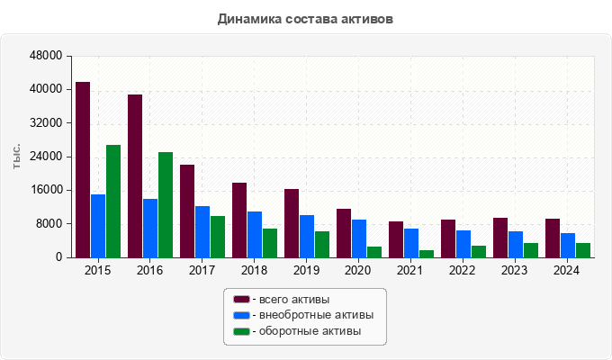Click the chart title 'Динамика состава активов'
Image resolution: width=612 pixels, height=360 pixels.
point(305,18)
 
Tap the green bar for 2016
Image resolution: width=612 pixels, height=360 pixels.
point(166,204)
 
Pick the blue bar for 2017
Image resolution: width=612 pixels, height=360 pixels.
point(202,231)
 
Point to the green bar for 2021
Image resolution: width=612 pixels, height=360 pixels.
point(427,253)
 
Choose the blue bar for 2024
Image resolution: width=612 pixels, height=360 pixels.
point(568,245)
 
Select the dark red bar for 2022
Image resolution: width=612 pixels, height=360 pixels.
point(448,238)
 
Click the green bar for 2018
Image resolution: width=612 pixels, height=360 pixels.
point(270,243)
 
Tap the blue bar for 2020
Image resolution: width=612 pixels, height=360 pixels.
point(359,238)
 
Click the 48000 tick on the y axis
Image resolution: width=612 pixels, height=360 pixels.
point(46,56)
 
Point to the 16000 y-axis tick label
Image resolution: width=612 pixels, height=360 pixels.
point(46,190)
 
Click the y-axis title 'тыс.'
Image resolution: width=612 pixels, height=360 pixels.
point(17,157)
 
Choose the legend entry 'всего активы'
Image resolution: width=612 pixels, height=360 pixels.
point(292,299)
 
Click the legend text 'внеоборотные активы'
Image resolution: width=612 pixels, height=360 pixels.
point(314,315)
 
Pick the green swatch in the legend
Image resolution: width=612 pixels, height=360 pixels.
point(241,332)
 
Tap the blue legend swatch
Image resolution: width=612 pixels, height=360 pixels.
point(241,315)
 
